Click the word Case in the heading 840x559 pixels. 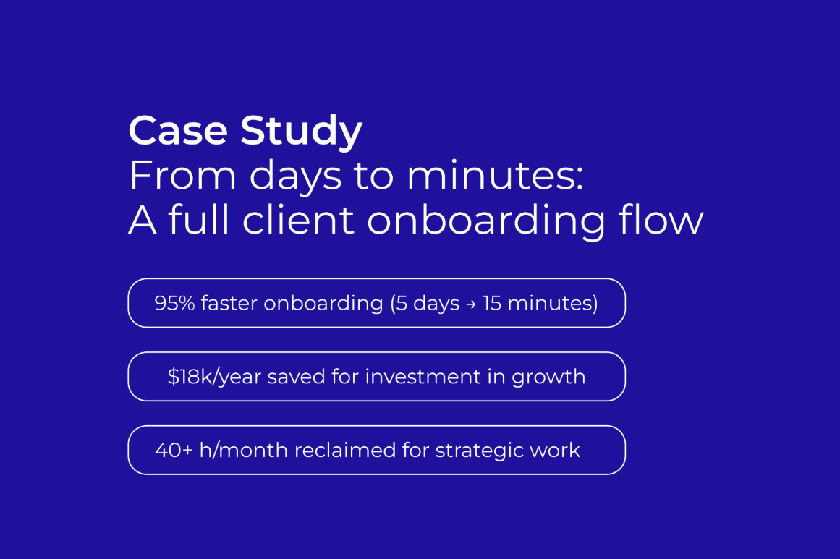coord(179,130)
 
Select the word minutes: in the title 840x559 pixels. coord(495,176)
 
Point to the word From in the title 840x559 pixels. coord(182,176)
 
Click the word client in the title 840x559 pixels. coord(298,220)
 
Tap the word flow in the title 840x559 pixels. coord(661,220)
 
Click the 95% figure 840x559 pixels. coord(174,303)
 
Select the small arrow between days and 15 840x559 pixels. coord(471,304)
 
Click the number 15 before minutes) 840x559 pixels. coord(492,303)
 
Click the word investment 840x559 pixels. coord(423,377)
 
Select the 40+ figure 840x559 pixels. coord(174,451)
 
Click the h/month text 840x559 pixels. coord(243,451)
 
